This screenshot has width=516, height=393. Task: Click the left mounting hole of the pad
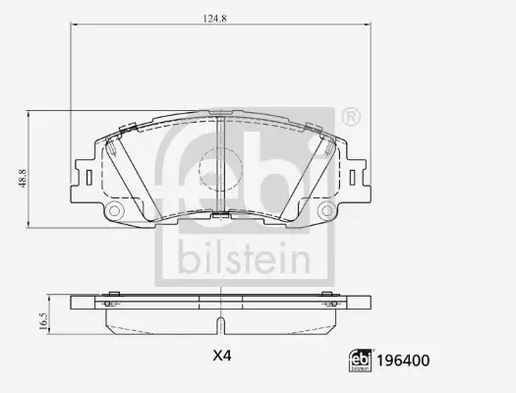pos(114,212)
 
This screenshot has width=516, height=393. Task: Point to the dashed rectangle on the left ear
pos(88,178)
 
